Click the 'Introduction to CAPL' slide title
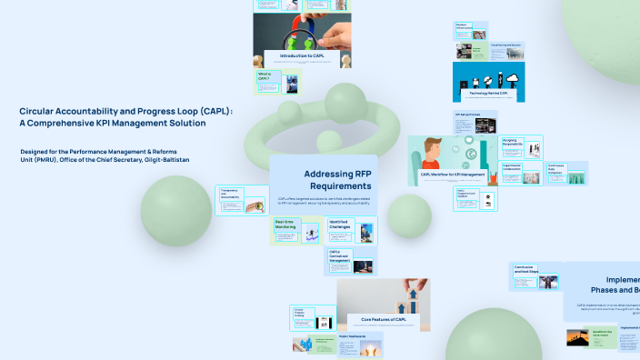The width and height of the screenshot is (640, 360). click(302, 56)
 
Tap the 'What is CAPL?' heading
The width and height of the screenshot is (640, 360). click(264, 76)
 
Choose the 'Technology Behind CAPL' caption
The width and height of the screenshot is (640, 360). click(490, 94)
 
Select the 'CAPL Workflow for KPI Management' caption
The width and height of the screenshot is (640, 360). click(453, 174)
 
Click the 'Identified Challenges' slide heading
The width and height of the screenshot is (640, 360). click(339, 223)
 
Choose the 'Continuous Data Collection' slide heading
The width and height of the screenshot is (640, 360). click(556, 168)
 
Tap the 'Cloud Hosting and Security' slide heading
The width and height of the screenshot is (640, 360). click(505, 45)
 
